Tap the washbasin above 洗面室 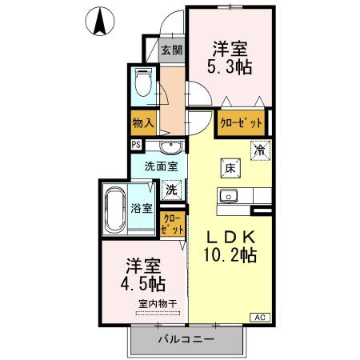coord(169,147)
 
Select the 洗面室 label coord(159,169)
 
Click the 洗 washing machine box coord(171,190)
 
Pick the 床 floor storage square coord(228,167)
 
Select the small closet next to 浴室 coord(172,223)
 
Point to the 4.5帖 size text coord(144,284)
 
